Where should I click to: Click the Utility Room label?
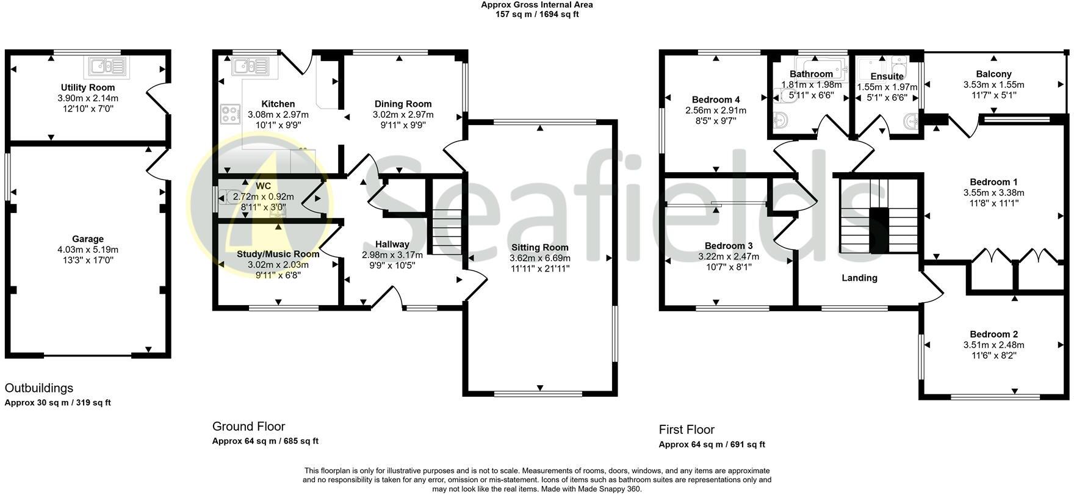88,88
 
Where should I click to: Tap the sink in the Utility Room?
107,66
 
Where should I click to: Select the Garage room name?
88,239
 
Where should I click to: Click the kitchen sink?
250,65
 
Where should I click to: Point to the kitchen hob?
229,114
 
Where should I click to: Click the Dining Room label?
403,104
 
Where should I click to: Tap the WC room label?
264,186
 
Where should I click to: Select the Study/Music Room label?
278,254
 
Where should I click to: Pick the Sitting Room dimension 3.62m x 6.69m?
540,258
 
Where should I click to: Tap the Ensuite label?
887,77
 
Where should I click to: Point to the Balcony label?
993,74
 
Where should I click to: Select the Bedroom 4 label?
716,100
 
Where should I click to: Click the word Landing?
859,278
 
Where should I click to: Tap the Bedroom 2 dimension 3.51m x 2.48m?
994,345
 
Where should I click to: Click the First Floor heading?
687,430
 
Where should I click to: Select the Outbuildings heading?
39,388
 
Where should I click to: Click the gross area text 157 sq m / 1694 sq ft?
537,14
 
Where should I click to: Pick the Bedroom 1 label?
993,182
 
